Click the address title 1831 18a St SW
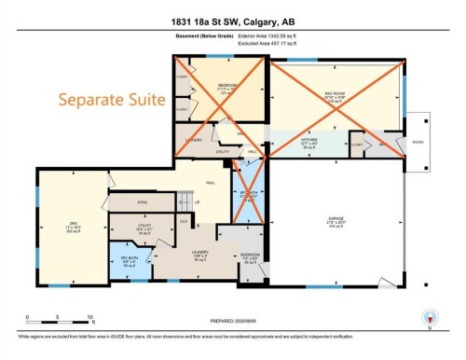click(232, 21)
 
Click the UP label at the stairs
click(197, 201)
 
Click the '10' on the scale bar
click(89, 319)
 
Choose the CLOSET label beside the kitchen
click(356, 145)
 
